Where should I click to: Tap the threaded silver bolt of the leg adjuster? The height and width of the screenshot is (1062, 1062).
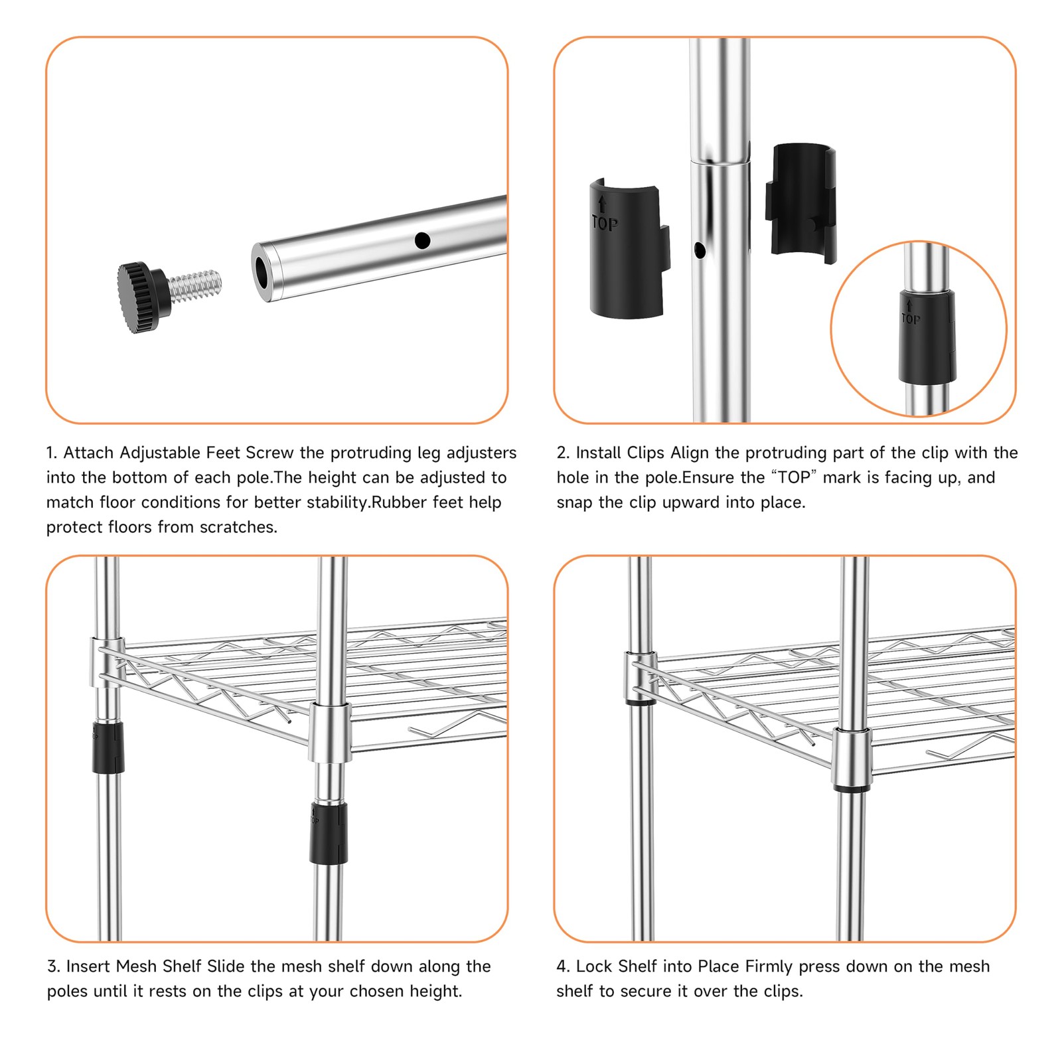click(x=194, y=285)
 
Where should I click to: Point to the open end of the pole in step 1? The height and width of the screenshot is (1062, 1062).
click(x=263, y=273)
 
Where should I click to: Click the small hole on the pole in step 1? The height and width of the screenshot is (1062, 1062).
click(x=422, y=240)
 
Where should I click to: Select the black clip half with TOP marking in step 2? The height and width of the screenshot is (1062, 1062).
click(x=629, y=248)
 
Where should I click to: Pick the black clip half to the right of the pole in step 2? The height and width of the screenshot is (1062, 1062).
click(x=800, y=204)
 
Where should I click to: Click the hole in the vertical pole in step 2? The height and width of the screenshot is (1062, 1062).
click(x=699, y=250)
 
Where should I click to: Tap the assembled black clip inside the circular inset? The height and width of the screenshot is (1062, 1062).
click(x=927, y=336)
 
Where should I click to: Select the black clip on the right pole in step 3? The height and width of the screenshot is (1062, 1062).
click(x=329, y=833)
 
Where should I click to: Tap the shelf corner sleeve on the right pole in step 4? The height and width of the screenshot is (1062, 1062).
click(x=853, y=758)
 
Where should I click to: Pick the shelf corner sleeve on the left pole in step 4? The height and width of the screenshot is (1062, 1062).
click(x=641, y=677)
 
